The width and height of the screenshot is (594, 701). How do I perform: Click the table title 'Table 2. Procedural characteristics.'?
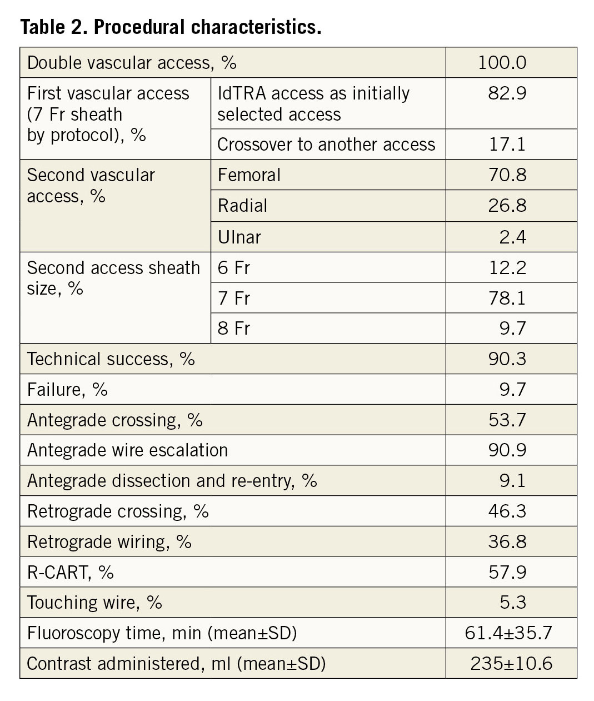coord(171,27)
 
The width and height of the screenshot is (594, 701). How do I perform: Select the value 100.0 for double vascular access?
coord(502,62)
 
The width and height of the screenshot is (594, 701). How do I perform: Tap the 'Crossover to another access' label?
coord(326,145)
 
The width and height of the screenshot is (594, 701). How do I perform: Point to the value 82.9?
coord(507,93)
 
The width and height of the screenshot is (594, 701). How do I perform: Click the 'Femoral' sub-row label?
coord(249,175)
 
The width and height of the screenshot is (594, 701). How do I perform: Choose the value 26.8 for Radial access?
coord(507,206)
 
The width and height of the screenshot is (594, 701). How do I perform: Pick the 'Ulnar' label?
coord(239,237)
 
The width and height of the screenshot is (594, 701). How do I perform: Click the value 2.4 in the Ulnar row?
coord(512,237)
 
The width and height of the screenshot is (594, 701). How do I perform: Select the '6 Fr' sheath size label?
coord(234,268)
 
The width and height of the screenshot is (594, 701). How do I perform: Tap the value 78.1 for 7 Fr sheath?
coord(507,299)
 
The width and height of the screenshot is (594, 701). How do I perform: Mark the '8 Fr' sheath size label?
coord(234,328)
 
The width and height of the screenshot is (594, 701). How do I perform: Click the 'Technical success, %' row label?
coord(111,359)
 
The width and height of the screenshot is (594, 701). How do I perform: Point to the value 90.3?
coord(507,359)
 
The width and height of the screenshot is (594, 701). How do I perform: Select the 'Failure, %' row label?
coord(67,390)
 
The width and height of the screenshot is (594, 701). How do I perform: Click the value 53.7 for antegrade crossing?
coord(507,420)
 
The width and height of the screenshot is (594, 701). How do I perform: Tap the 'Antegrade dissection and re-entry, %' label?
coord(172,480)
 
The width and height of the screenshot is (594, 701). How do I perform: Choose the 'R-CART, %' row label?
coord(70,572)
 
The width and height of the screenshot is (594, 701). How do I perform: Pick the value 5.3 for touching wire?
coord(512,603)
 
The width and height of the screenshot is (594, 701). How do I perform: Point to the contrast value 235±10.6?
coord(511,663)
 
